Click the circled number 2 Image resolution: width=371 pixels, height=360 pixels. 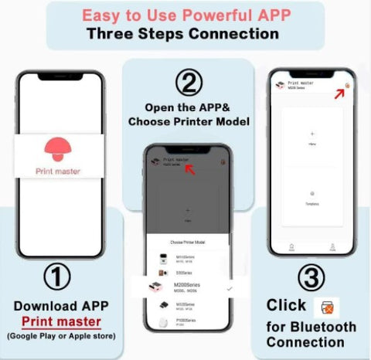coord(185,82)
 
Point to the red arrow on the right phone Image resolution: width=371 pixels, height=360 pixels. coord(338,93)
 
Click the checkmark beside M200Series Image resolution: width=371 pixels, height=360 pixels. coord(229,287)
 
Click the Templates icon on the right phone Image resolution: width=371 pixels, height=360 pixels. coord(311,194)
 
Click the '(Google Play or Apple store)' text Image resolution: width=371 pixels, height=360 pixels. coord(61,335)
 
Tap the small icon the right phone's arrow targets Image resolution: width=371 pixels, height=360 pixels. coord(348,84)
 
